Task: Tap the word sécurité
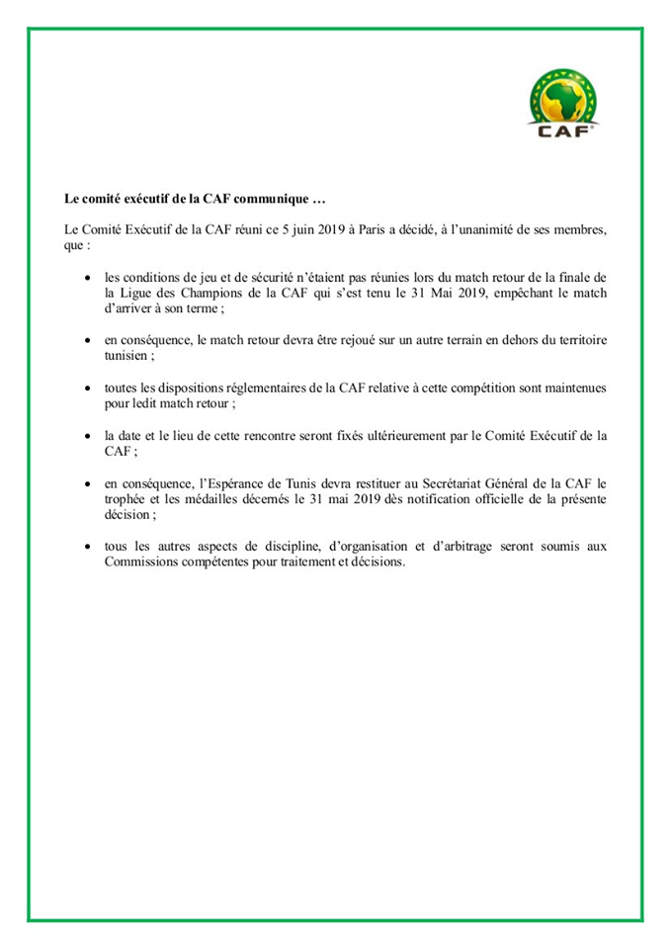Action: click(x=289, y=279)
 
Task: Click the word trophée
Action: click(x=129, y=499)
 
